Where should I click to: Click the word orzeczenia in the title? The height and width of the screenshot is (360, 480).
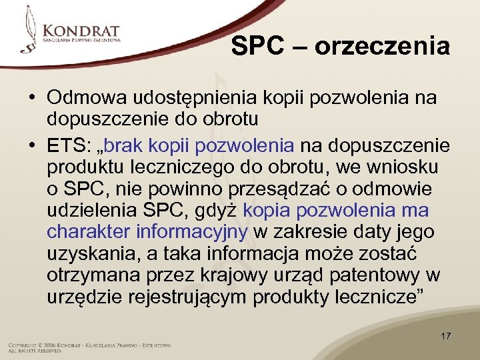tap(383, 47)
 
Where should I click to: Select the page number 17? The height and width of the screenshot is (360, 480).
tap(445, 336)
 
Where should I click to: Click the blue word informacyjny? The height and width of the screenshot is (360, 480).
tap(192, 233)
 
